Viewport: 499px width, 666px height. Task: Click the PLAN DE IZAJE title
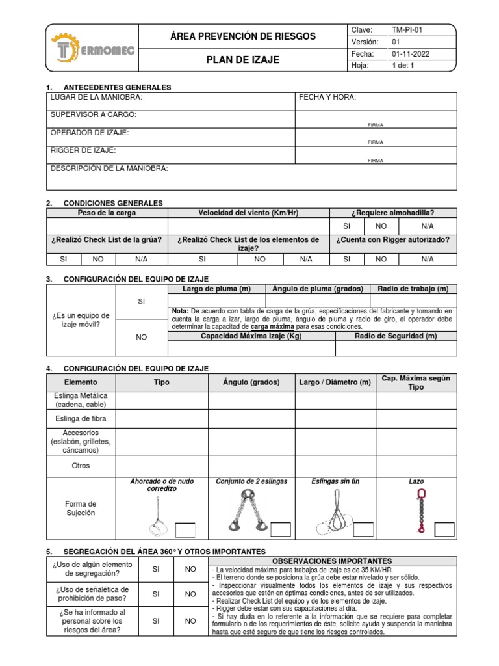coord(242,60)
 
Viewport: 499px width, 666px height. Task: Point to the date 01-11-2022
coord(412,54)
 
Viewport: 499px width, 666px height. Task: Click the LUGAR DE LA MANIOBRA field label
coord(96,98)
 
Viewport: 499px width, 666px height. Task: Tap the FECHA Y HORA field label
coord(327,98)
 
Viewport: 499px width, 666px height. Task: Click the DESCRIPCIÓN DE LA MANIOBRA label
coord(109,168)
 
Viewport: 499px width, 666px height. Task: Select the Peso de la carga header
coord(107,213)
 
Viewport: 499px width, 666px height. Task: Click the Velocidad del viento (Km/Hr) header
coord(249,213)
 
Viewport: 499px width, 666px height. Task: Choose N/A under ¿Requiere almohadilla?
coord(427,226)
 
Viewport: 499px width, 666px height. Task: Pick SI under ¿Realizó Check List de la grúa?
coord(63,259)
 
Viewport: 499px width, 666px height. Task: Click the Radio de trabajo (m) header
coord(413,289)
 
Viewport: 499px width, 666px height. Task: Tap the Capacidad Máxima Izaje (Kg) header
coord(251,336)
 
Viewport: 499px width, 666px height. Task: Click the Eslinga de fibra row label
coord(81,418)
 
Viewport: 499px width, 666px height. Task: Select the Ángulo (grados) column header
coord(251,382)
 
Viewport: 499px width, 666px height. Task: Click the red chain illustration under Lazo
coord(420,511)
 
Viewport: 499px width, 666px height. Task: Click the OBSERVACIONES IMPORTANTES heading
coord(333,561)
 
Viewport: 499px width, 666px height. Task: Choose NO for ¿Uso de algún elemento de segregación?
coord(190,569)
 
